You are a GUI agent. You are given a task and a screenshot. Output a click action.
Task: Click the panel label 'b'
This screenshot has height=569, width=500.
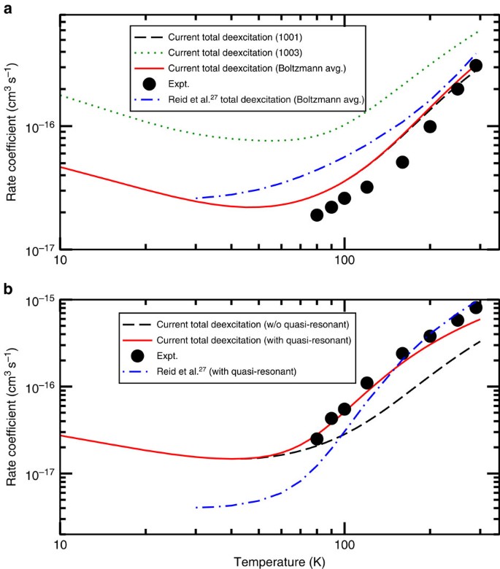tap(8, 289)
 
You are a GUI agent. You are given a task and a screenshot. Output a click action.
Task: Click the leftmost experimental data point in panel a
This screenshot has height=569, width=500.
tap(317, 214)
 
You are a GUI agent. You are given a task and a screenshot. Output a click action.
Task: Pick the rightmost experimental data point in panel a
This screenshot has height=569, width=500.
tap(476, 66)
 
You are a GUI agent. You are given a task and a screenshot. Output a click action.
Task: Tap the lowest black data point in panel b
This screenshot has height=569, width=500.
tap(317, 438)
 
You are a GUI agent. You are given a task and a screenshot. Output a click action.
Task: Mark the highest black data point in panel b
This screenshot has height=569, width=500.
tap(476, 307)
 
